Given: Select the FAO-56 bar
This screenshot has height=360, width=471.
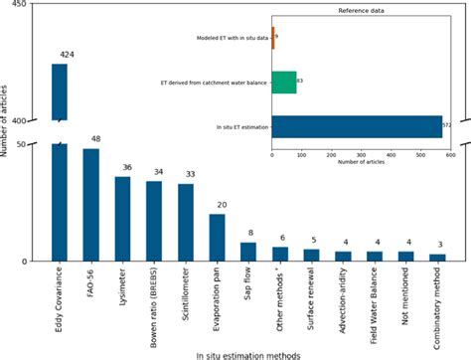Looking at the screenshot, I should [90, 205].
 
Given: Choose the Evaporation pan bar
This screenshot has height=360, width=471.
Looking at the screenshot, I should [217, 238].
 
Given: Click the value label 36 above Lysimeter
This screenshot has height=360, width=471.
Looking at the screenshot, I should [123, 168].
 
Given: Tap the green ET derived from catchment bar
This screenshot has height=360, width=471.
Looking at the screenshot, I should [283, 82].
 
